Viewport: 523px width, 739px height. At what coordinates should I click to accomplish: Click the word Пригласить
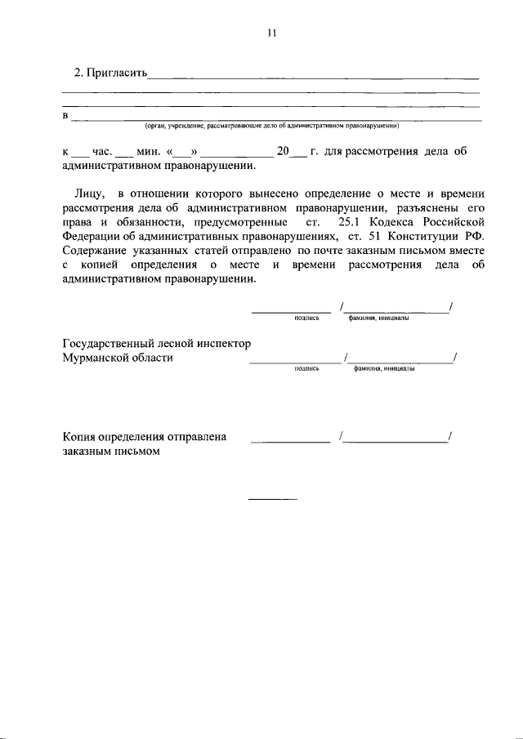[x=115, y=73]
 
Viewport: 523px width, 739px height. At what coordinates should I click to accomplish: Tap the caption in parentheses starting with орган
[x=271, y=127]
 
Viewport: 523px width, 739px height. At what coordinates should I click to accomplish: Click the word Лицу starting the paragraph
[x=87, y=194]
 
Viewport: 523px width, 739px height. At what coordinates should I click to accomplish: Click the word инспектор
[x=224, y=343]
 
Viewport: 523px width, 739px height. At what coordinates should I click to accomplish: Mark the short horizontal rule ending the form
[x=273, y=499]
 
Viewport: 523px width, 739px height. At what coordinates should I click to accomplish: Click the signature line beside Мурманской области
[x=294, y=362]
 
